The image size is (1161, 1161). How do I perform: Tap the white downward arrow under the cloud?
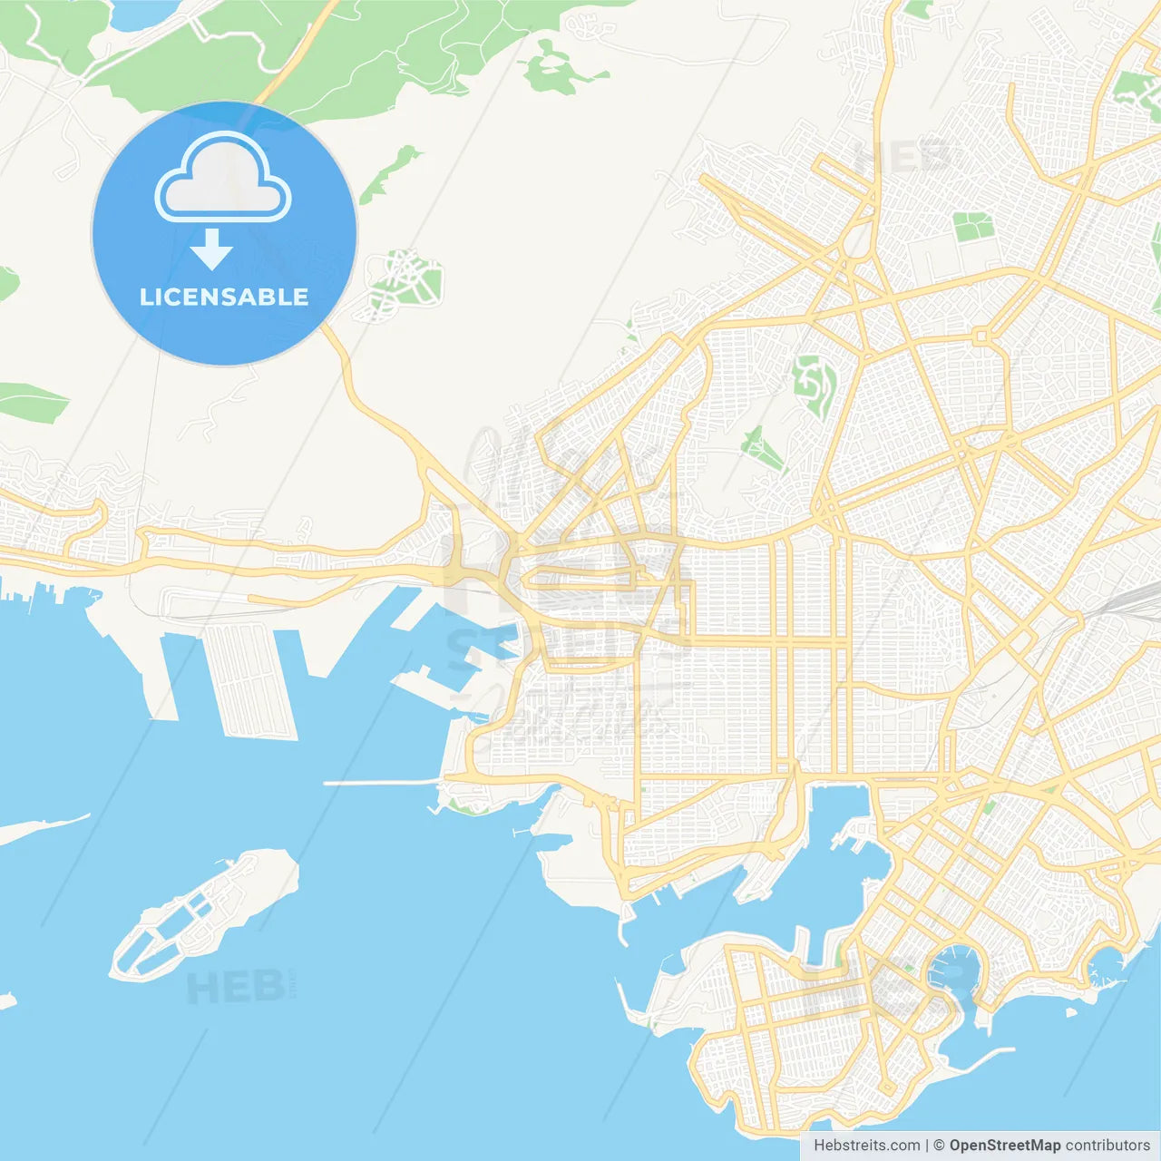pyautogui.click(x=211, y=249)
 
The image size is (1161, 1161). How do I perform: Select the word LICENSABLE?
pyautogui.click(x=224, y=297)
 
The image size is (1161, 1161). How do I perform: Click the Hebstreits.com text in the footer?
pyautogui.click(x=866, y=1146)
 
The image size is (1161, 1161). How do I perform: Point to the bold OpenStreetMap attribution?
pyautogui.click(x=1004, y=1146)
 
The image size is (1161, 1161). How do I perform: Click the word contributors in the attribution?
pyautogui.click(x=1107, y=1146)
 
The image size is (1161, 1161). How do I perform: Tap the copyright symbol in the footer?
pyautogui.click(x=939, y=1146)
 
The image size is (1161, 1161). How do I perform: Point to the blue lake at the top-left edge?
pyautogui.click(x=145, y=14)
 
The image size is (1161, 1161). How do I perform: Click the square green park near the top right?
pyautogui.click(x=972, y=227)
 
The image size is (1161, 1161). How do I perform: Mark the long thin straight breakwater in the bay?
pyautogui.click(x=381, y=783)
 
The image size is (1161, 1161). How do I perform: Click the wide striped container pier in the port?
pyautogui.click(x=250, y=680)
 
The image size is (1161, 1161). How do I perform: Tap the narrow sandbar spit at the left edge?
pyautogui.click(x=41, y=828)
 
